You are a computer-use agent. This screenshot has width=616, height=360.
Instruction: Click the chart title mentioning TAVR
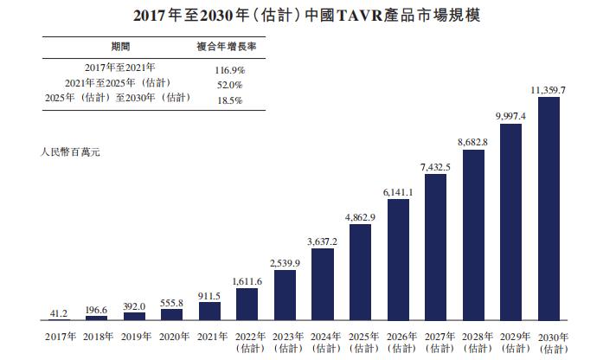click(x=307, y=15)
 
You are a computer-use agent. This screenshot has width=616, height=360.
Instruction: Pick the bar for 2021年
click(x=209, y=312)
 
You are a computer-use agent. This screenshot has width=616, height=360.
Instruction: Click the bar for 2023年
click(x=285, y=295)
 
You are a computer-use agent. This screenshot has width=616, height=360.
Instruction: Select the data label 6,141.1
click(x=398, y=192)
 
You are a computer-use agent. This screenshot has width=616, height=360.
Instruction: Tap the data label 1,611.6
click(x=247, y=281)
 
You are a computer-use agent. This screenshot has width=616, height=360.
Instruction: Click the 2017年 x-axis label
click(x=58, y=337)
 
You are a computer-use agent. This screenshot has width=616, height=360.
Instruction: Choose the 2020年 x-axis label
click(x=171, y=337)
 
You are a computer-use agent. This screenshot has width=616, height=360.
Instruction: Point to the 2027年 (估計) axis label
click(x=436, y=342)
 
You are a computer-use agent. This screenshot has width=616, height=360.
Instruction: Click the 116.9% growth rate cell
click(x=227, y=67)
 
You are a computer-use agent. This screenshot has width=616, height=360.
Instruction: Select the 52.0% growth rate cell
click(x=227, y=84)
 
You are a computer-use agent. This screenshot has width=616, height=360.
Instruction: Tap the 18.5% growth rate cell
click(x=227, y=100)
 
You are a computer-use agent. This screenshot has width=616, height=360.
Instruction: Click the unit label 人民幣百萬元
click(x=72, y=151)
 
